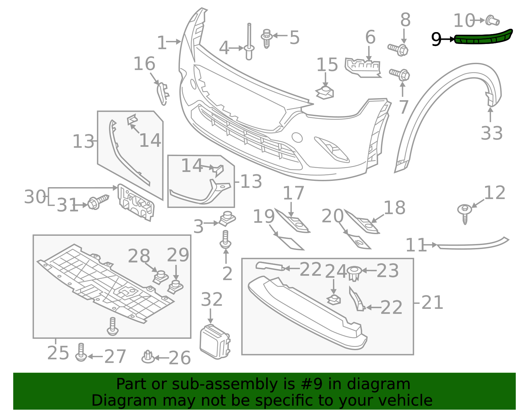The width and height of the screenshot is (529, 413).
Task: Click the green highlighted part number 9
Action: point(483,38)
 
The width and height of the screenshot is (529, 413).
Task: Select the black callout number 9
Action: point(436,39)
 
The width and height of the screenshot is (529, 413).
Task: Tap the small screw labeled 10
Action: point(492,21)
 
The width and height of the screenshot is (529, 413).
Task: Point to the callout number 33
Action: point(492,133)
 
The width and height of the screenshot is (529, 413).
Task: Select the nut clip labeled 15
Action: point(325,92)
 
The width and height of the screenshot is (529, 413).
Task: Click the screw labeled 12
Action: point(465,213)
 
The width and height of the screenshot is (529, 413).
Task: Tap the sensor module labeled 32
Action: point(215,342)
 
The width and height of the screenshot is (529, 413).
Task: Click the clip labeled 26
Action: point(148,357)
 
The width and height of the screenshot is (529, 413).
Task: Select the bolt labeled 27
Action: point(81,352)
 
